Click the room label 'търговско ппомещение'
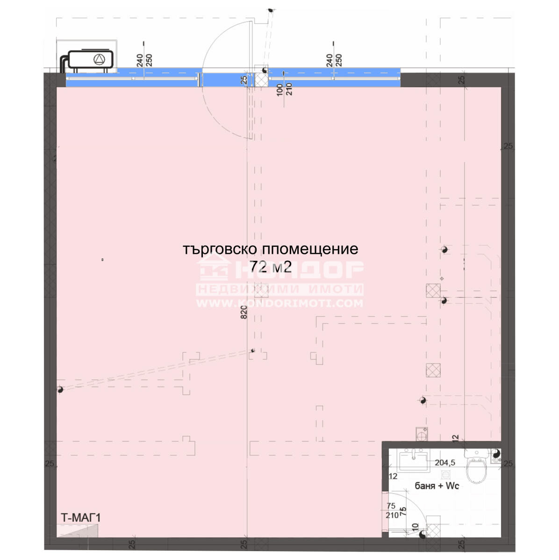(270, 249)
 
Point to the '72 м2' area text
(271, 266)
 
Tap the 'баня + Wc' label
(437, 486)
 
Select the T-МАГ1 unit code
(81, 518)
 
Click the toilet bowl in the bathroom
(476, 468)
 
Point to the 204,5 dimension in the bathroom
(445, 463)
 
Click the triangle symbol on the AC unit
(99, 59)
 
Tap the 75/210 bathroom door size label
(392, 511)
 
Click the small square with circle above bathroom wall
(422, 434)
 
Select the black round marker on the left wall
(60, 390)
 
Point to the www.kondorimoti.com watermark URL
(279, 303)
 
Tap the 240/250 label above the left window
(144, 60)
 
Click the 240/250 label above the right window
(334, 60)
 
